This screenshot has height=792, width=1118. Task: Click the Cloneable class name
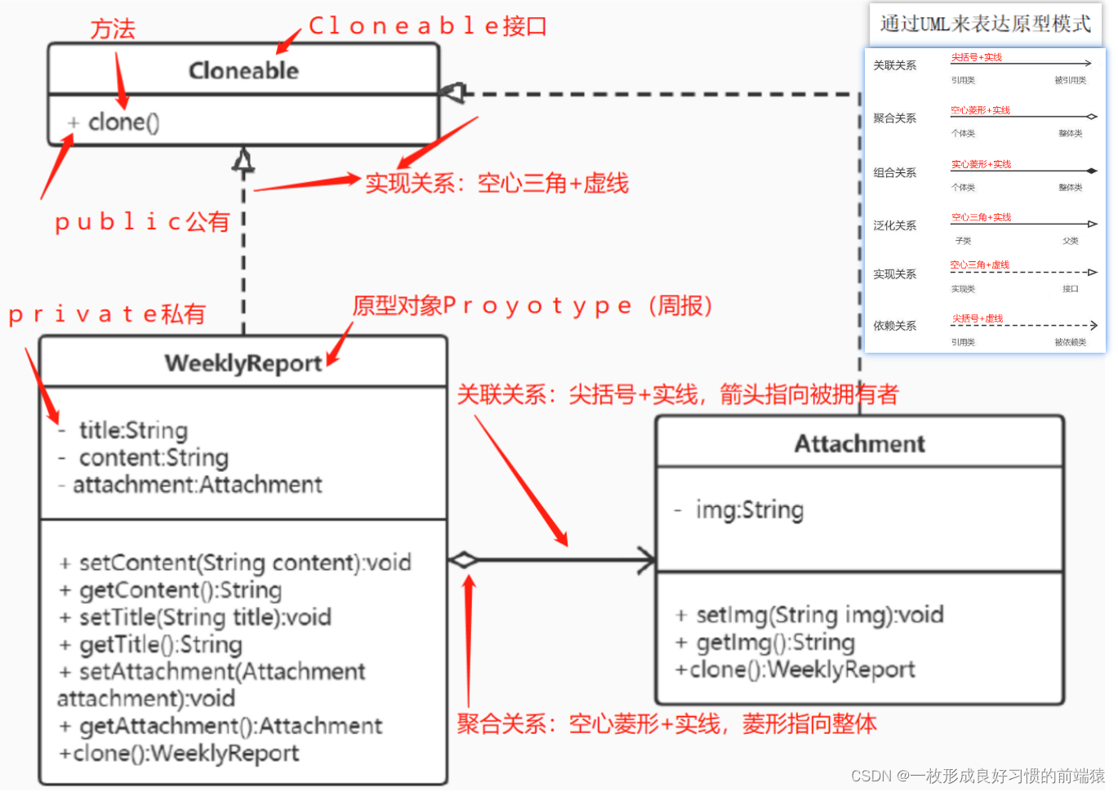243,71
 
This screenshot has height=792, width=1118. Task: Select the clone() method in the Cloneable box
123,122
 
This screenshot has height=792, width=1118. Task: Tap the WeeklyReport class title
243,363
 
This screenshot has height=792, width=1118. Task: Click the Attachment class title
860,444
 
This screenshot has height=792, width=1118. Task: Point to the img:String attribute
749,510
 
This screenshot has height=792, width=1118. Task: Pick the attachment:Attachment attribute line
197,485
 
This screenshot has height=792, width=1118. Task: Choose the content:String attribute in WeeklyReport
153,458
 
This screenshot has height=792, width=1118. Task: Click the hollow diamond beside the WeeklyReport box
463,560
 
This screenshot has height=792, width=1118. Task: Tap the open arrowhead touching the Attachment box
647,560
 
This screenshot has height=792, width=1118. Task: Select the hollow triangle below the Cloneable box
243,160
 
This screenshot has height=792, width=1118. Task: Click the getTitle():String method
160,645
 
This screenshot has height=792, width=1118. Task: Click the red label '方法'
113,29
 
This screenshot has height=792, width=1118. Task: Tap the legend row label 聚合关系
894,118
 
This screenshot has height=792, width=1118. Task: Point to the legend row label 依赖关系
894,326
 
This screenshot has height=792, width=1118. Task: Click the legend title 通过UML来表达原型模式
985,24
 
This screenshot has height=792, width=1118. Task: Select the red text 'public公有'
142,222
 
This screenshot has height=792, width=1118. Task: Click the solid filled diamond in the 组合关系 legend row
1091,171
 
